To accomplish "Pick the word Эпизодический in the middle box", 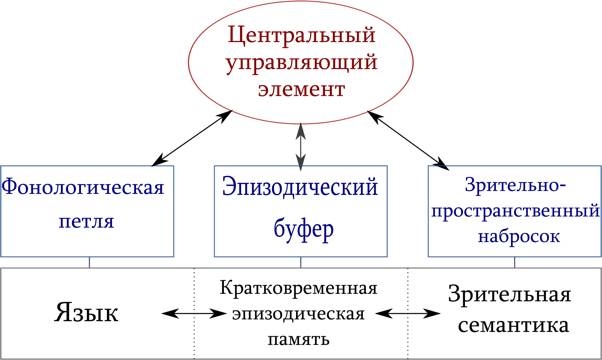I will click(301, 187).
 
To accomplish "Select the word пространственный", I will click(514, 213).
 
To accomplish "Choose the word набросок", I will click(514, 238).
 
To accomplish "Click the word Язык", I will click(85, 313).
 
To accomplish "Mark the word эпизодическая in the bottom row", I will click(300, 315).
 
